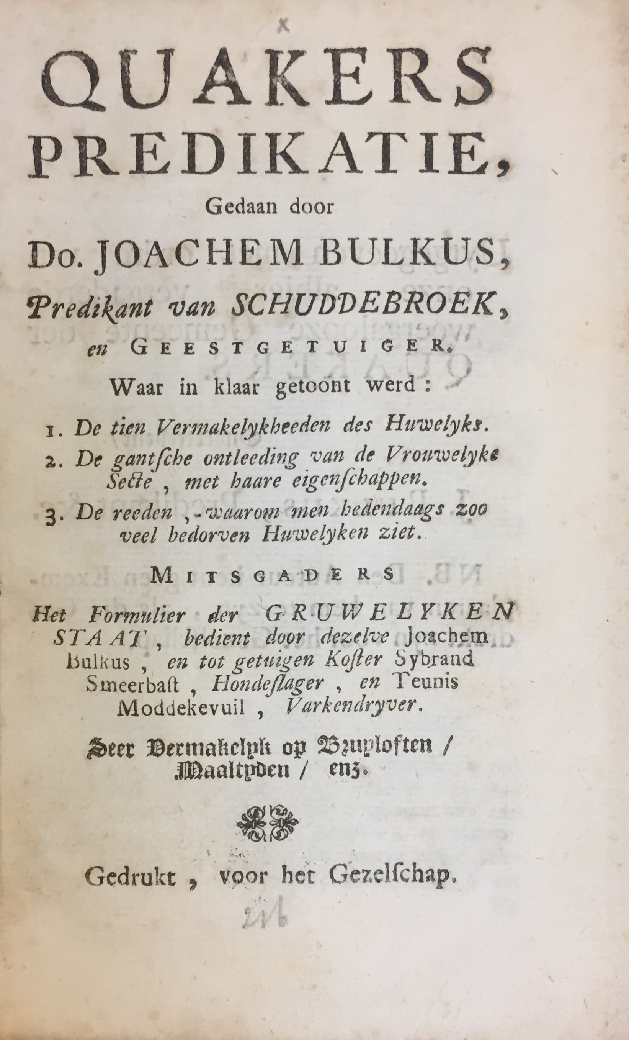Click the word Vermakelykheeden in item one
click(245, 428)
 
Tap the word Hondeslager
click(268, 684)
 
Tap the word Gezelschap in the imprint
click(392, 877)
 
